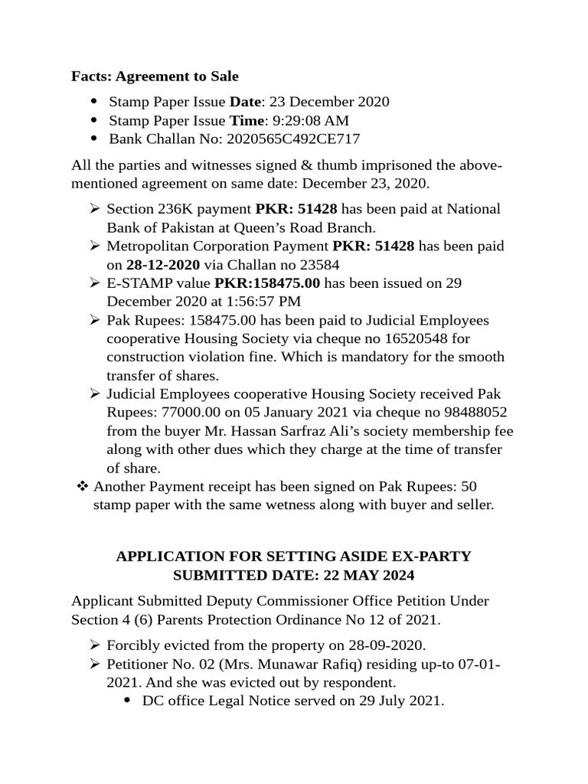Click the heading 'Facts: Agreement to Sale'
click(x=155, y=76)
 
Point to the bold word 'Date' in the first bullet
click(x=245, y=101)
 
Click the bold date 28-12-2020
click(x=163, y=264)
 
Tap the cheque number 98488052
click(x=473, y=413)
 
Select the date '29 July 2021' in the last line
click(x=405, y=701)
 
